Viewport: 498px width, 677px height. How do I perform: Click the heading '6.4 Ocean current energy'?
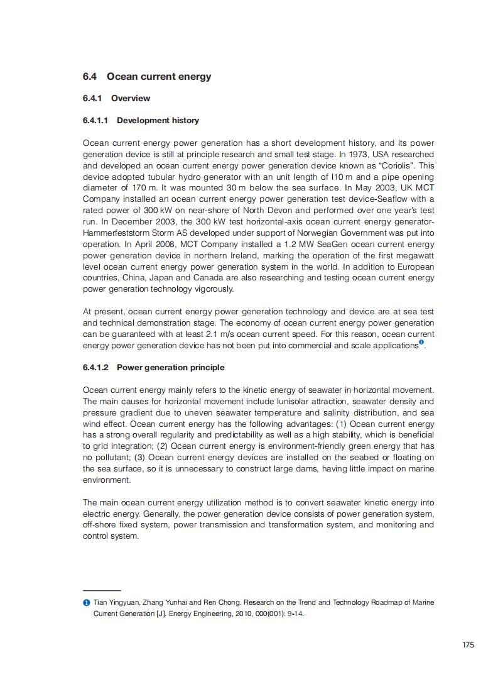pos(147,77)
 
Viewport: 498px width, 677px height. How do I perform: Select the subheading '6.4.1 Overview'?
pos(116,98)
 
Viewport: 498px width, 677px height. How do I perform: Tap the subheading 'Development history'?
pos(158,120)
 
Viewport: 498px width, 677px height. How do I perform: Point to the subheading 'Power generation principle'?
pos(170,367)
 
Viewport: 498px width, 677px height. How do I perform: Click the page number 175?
pos(468,644)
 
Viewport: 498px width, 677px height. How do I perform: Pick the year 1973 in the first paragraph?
pos(339,155)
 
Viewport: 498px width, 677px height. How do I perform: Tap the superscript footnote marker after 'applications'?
pos(421,343)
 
